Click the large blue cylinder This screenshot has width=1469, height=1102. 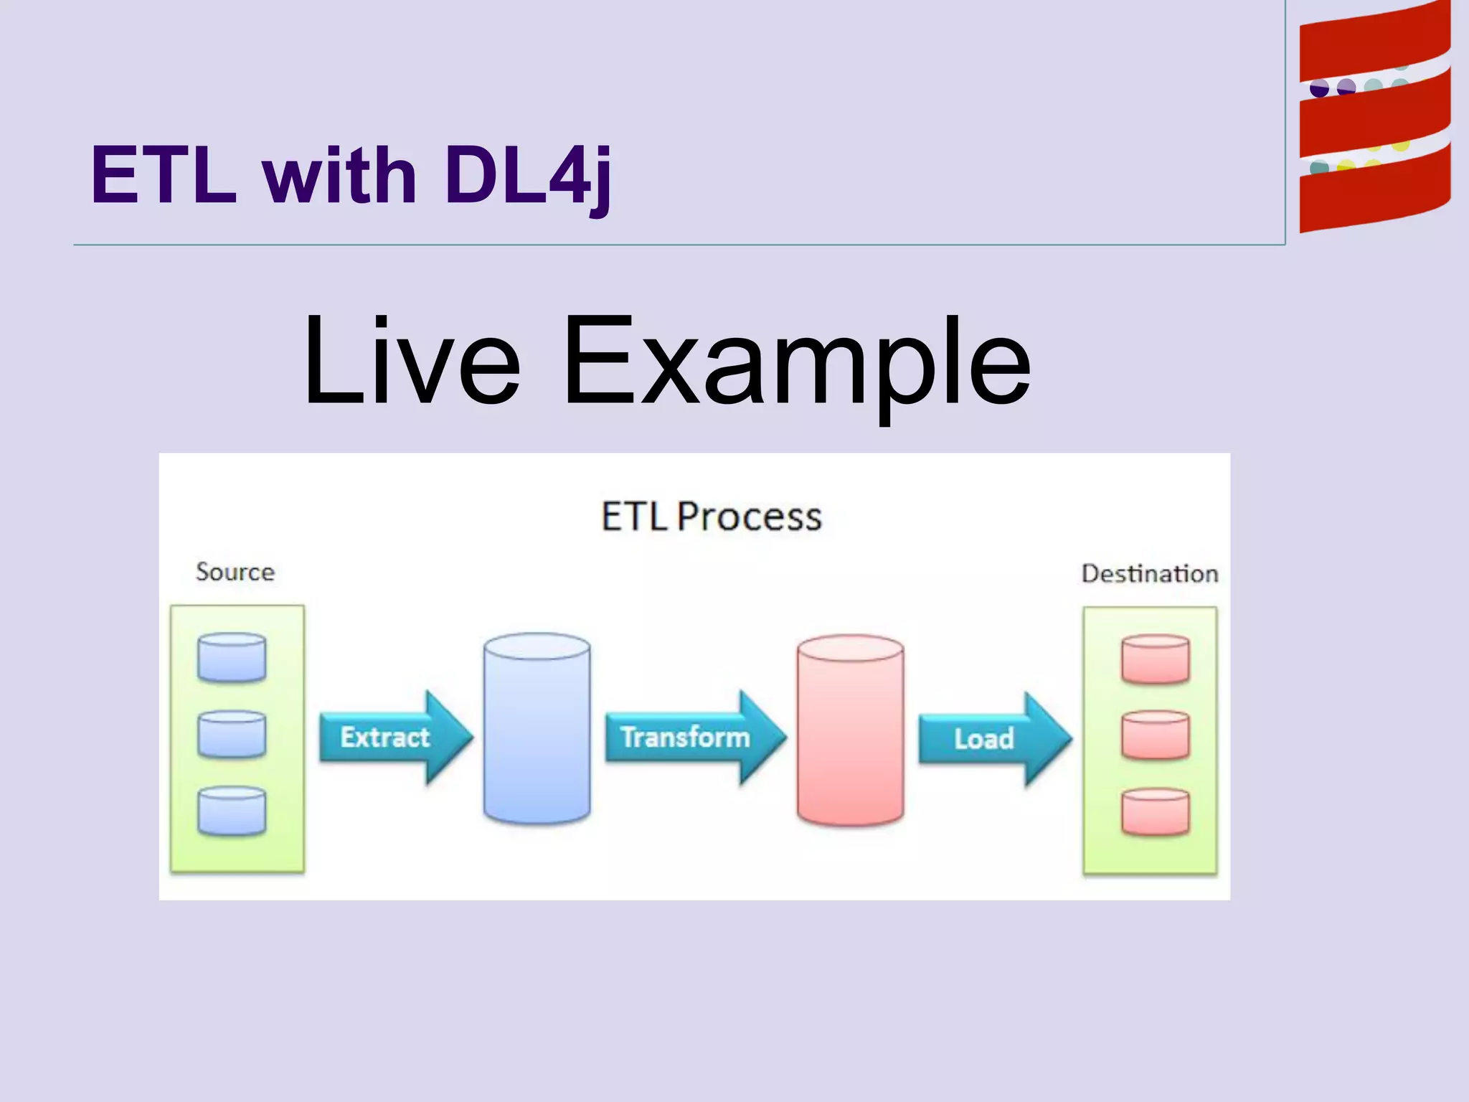click(x=537, y=728)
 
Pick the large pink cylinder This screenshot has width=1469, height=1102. click(x=850, y=730)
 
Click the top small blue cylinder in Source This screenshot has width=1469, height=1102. click(x=232, y=657)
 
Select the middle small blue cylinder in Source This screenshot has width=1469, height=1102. click(x=232, y=734)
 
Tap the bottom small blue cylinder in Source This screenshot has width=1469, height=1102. click(x=232, y=811)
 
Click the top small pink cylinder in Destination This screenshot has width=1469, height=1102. click(x=1155, y=659)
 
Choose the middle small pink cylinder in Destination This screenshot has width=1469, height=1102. click(x=1155, y=735)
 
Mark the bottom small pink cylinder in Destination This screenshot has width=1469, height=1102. click(x=1155, y=812)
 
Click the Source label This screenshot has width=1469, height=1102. click(x=235, y=572)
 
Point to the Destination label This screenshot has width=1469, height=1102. click(x=1149, y=574)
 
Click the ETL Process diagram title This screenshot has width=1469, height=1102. click(x=711, y=517)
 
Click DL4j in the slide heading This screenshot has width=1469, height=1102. click(x=527, y=176)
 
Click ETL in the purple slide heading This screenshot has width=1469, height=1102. click(x=164, y=176)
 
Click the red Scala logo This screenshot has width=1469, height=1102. click(x=1374, y=118)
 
